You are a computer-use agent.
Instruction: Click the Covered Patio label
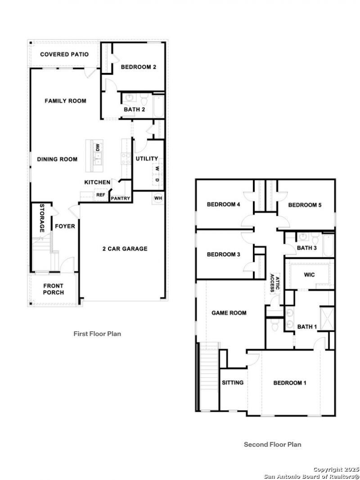click(64, 54)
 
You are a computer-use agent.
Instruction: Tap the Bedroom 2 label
click(138, 67)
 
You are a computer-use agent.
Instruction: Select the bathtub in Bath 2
click(158, 107)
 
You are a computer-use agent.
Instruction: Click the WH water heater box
click(158, 198)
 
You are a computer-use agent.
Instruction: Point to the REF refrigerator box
click(101, 195)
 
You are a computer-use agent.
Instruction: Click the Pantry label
click(121, 198)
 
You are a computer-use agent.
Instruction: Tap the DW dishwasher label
click(98, 148)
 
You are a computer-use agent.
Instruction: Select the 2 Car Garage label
click(125, 249)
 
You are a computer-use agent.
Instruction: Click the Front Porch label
click(54, 289)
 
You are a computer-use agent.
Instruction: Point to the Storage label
click(42, 218)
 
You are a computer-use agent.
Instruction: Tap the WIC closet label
click(309, 275)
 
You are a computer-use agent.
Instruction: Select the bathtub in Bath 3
click(328, 246)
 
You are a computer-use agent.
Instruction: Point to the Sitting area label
click(233, 383)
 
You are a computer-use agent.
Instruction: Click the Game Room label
click(229, 313)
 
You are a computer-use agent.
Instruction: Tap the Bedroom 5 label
click(305, 205)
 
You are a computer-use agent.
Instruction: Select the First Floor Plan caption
click(97, 334)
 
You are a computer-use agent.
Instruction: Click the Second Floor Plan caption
click(272, 444)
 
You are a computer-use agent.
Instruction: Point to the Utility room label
click(147, 158)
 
